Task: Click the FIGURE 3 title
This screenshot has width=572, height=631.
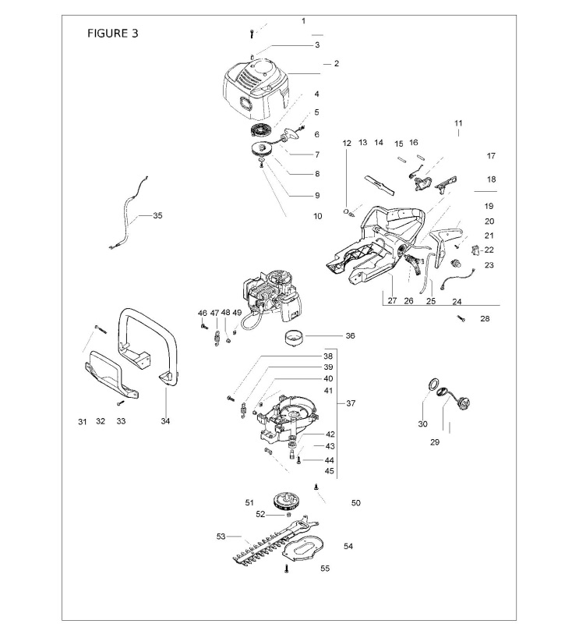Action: coord(112,33)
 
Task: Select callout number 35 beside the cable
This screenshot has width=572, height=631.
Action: coord(157,216)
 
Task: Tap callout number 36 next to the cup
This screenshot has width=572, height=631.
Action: coord(350,335)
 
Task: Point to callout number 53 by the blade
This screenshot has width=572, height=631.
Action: coord(221,537)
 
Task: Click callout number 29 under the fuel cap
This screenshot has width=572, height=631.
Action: coord(435,442)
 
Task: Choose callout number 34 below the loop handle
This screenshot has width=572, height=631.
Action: coord(165,421)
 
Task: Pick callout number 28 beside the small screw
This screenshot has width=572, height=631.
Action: coord(485,319)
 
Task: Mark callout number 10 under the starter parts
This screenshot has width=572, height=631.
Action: coord(317,216)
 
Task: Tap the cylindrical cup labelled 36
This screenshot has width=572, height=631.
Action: coord(295,337)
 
